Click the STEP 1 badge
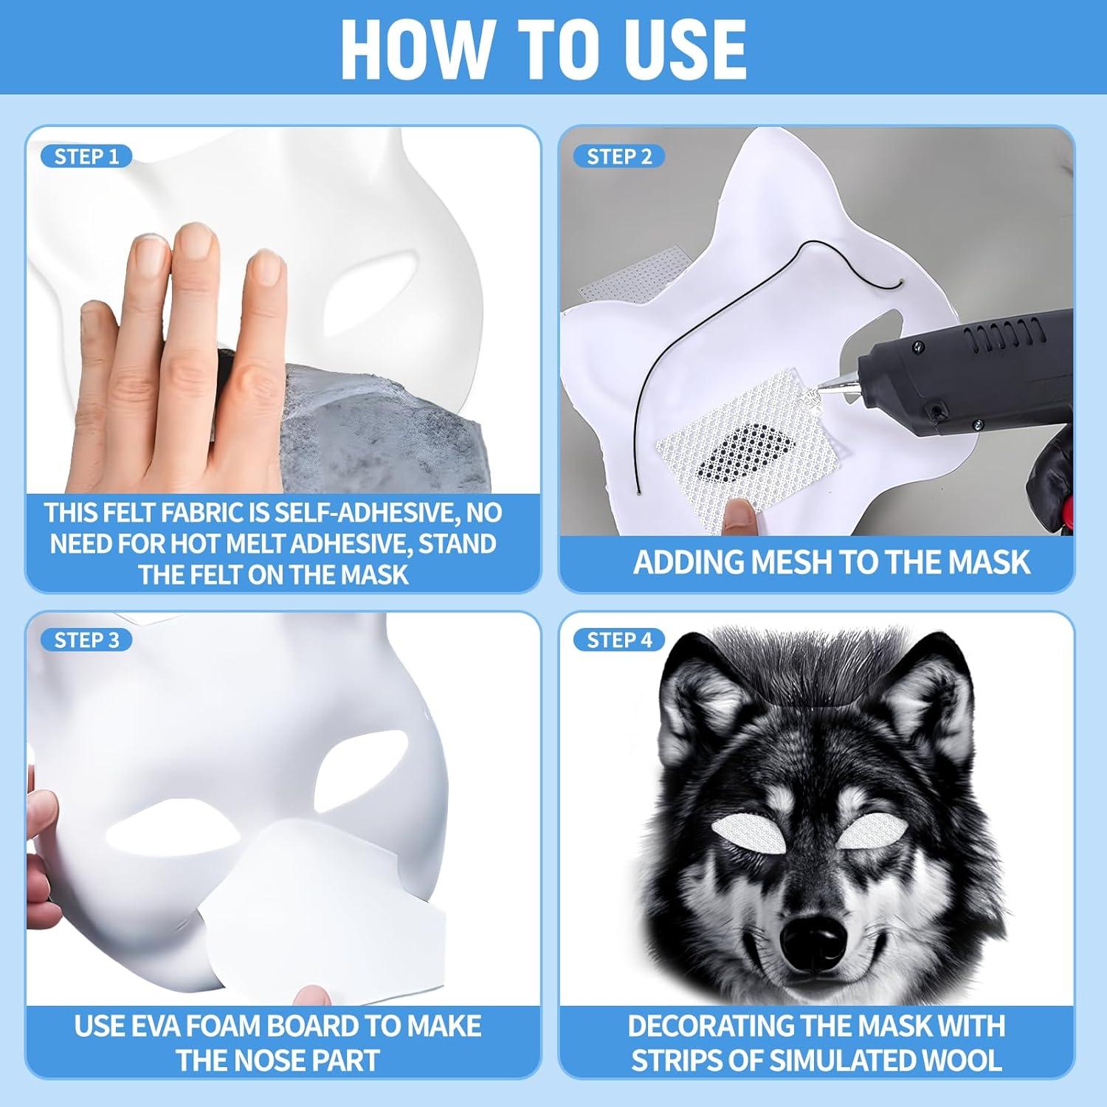coord(86,156)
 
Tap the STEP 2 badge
coord(619,156)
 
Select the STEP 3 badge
coord(86,640)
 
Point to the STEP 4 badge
coord(619,640)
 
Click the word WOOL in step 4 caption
coord(959,1061)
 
